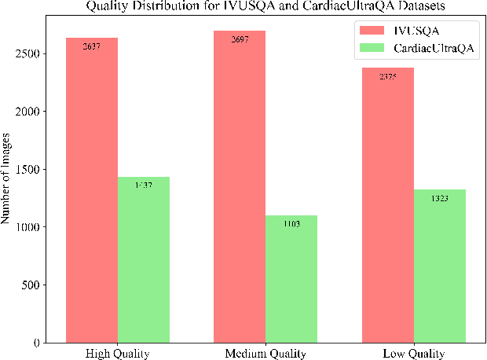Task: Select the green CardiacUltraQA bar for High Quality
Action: click(144, 259)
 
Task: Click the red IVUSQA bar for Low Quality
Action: click(387, 205)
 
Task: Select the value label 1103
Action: click(291, 222)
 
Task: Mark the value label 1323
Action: click(439, 197)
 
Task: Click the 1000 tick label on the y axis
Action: click(30, 227)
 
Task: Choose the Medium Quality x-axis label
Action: click(265, 353)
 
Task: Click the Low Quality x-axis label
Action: click(413, 353)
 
